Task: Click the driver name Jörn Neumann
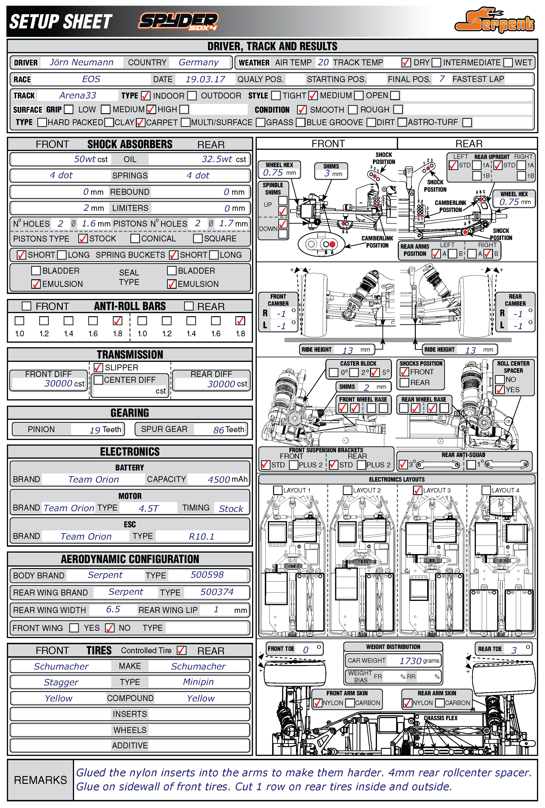[x=81, y=62]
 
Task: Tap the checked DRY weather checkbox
[x=406, y=62]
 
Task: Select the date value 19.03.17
[x=205, y=79]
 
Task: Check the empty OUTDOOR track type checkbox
[x=192, y=96]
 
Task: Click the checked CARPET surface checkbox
[x=140, y=122]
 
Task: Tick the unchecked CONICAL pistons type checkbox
[x=135, y=238]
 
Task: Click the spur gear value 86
[x=219, y=430]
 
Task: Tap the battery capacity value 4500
[x=219, y=479]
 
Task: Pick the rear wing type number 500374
[x=217, y=592]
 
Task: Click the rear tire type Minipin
[x=198, y=682]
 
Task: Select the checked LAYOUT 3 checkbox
[x=417, y=490]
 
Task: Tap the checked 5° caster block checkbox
[x=375, y=373]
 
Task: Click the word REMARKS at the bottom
[x=40, y=780]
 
